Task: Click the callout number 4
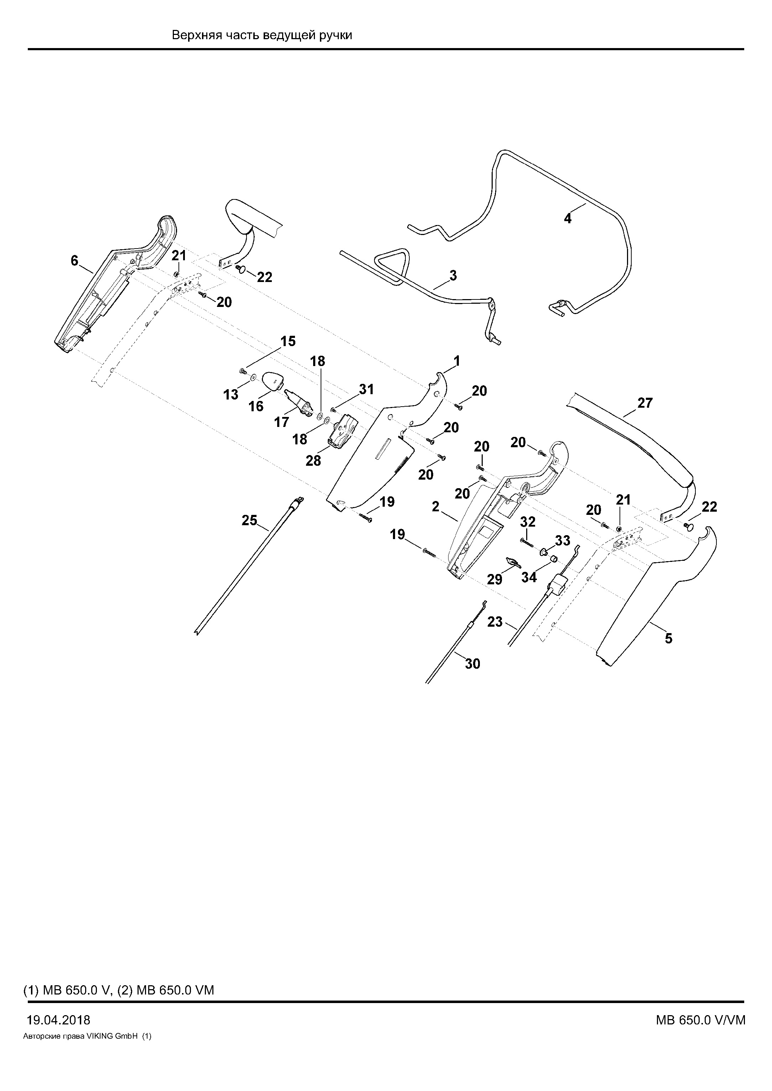[568, 219]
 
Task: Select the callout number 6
[74, 261]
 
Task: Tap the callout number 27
[645, 403]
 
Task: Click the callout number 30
[472, 664]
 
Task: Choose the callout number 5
[669, 639]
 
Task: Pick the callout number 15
[287, 341]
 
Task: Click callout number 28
[313, 460]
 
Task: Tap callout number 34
[529, 577]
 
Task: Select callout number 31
[367, 390]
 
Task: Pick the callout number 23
[495, 622]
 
